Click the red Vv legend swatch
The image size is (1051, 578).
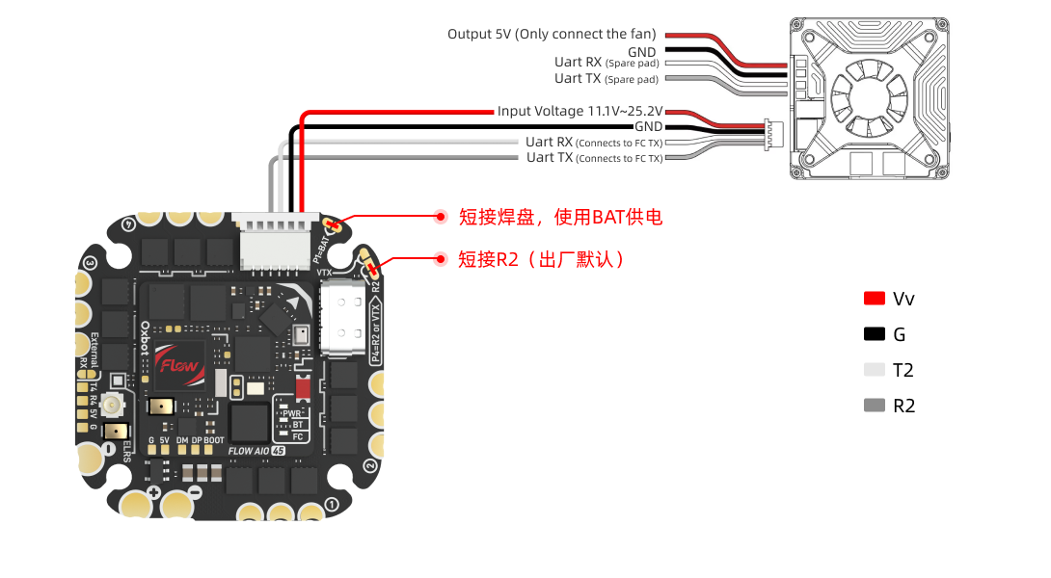tap(875, 299)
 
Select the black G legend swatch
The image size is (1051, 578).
tap(875, 334)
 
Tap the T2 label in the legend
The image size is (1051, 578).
tap(903, 370)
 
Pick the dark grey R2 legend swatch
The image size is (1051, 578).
tap(875, 406)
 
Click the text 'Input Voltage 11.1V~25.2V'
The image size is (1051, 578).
tap(579, 112)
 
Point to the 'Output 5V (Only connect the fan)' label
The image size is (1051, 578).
tap(552, 34)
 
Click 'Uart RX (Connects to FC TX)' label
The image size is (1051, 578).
tap(594, 143)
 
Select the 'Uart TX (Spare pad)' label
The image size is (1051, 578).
tap(606, 79)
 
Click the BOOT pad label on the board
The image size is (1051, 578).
tap(215, 439)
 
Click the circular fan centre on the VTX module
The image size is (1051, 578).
tap(864, 93)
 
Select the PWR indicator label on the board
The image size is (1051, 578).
tap(291, 412)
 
